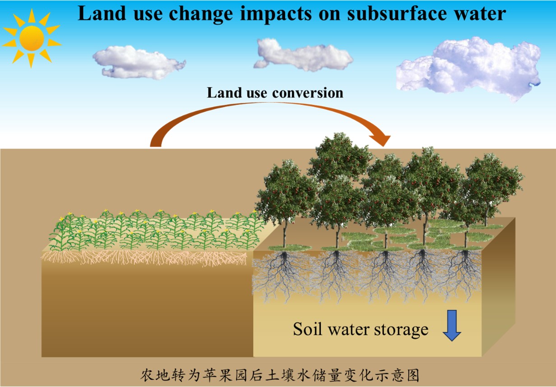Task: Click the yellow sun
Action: [x=32, y=38]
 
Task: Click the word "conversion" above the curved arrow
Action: [x=308, y=93]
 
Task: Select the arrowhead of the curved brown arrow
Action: [x=382, y=137]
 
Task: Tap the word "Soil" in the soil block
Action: [x=309, y=329]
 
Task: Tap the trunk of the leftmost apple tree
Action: [x=284, y=232]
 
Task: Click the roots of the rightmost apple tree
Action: [x=465, y=271]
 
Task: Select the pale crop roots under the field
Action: [x=144, y=258]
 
